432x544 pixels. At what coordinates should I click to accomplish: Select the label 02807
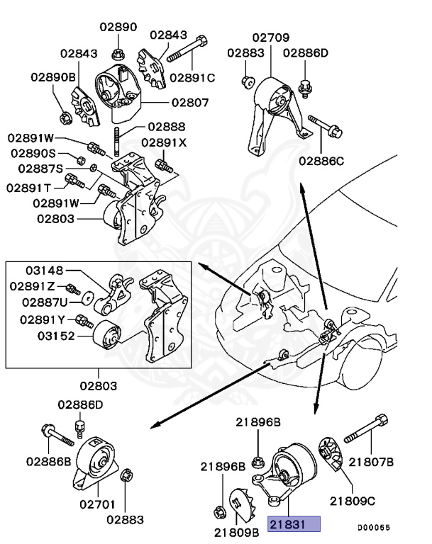tap(189, 102)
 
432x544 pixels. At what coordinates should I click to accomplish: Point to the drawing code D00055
tap(373, 527)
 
